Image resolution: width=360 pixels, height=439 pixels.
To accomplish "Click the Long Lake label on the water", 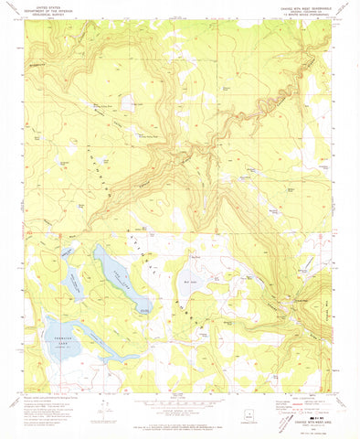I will pos(120,279).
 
